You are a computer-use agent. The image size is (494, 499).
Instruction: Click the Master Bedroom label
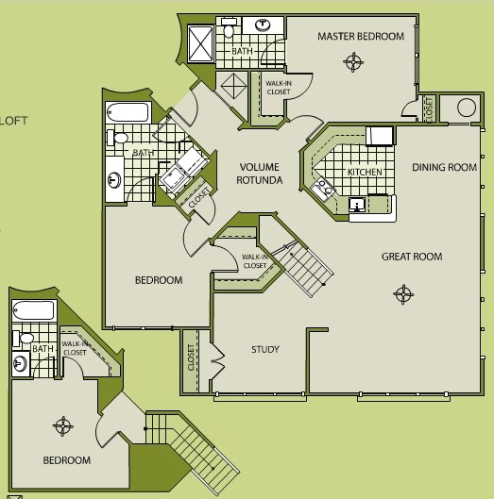tap(361, 36)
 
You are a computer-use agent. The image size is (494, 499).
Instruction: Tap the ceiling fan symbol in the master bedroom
tap(353, 61)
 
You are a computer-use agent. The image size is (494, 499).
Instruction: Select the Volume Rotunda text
tap(260, 174)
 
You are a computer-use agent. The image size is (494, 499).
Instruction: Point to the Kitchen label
tap(365, 172)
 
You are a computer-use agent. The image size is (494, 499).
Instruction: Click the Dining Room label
tap(444, 167)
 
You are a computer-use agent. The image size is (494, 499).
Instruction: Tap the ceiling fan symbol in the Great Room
tap(403, 294)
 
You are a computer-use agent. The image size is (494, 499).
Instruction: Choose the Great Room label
tap(412, 257)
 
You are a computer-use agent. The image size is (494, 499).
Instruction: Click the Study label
tap(265, 349)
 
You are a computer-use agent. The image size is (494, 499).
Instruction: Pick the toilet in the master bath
tap(229, 27)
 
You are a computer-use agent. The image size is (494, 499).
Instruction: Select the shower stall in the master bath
tap(200, 44)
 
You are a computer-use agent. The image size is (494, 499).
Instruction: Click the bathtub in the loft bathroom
tap(34, 310)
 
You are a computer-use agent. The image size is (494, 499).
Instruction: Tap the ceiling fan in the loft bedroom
tap(63, 425)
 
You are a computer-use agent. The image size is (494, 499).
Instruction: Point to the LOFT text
tap(13, 121)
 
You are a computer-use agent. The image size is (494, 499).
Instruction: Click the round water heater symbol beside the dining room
tap(467, 108)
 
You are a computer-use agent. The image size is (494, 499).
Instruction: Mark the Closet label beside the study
tap(191, 358)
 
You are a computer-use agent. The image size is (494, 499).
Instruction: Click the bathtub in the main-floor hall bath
tap(128, 112)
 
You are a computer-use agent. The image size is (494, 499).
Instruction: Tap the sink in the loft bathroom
tap(21, 363)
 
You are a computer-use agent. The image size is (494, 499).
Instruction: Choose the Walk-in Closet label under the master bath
tap(279, 88)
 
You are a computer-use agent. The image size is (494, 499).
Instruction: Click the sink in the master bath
tap(263, 25)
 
